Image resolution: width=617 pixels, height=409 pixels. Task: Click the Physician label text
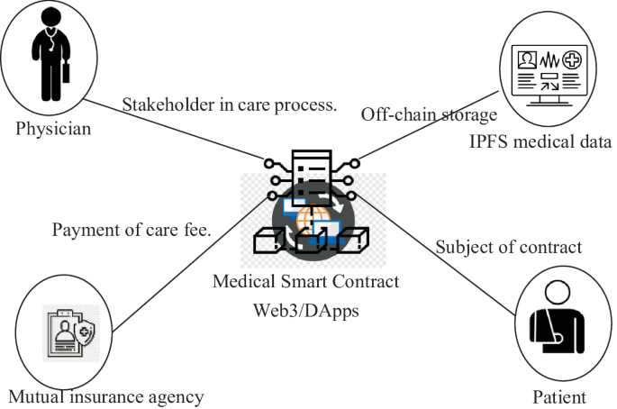(53, 129)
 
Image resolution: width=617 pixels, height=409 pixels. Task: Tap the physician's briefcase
(66, 72)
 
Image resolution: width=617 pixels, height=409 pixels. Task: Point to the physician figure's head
(51, 17)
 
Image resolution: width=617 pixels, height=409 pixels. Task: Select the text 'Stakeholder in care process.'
(230, 105)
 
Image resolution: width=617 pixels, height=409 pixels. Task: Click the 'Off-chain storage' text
(430, 114)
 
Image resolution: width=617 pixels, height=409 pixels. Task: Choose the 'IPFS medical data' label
(540, 141)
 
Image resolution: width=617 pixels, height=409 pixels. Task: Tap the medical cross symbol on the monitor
(572, 59)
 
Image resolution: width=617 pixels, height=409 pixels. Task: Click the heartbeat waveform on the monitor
(549, 60)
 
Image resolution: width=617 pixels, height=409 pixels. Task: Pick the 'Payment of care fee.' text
(132, 230)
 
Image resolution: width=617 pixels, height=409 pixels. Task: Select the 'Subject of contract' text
(508, 247)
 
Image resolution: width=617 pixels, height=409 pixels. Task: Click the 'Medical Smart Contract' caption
(305, 281)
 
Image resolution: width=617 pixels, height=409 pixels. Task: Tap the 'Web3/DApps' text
(305, 310)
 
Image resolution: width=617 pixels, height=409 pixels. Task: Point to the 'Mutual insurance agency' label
(106, 396)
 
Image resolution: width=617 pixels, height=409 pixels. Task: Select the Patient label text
(559, 396)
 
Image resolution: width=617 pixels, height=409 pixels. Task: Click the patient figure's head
(558, 293)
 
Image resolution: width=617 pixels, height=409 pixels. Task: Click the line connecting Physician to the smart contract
(173, 130)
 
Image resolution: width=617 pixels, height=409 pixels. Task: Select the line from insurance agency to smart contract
(190, 265)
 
